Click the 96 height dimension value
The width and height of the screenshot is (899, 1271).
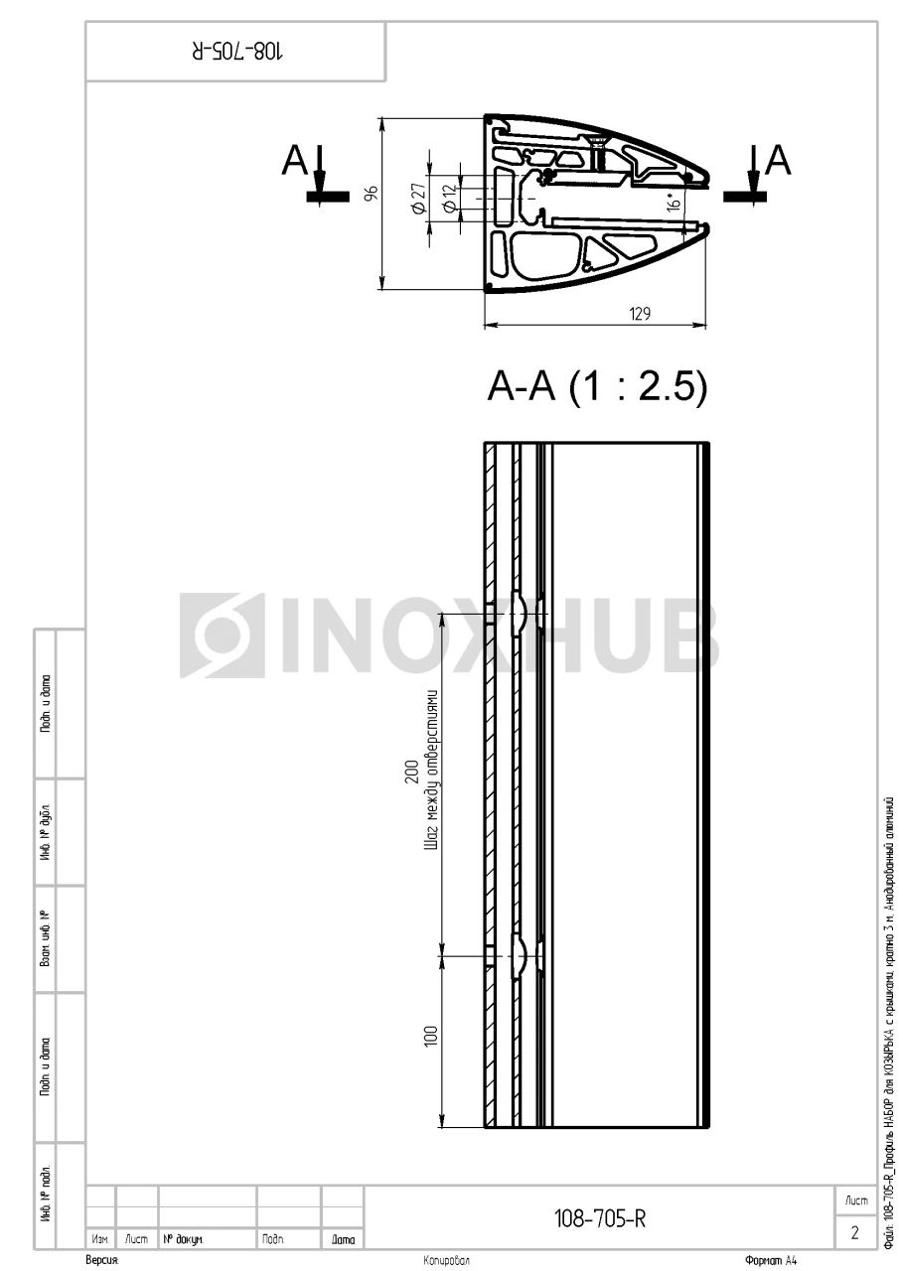coord(372,193)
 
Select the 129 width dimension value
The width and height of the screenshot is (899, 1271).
coord(640,313)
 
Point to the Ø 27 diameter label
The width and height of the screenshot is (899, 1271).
coord(419,198)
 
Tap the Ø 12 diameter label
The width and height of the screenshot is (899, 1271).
coord(449,199)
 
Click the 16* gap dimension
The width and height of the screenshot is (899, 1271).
coord(674,202)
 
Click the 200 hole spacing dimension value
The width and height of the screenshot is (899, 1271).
coord(412,772)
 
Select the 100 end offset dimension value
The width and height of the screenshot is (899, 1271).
coord(431,1036)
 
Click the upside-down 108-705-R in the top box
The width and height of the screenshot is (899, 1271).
coord(236,52)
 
